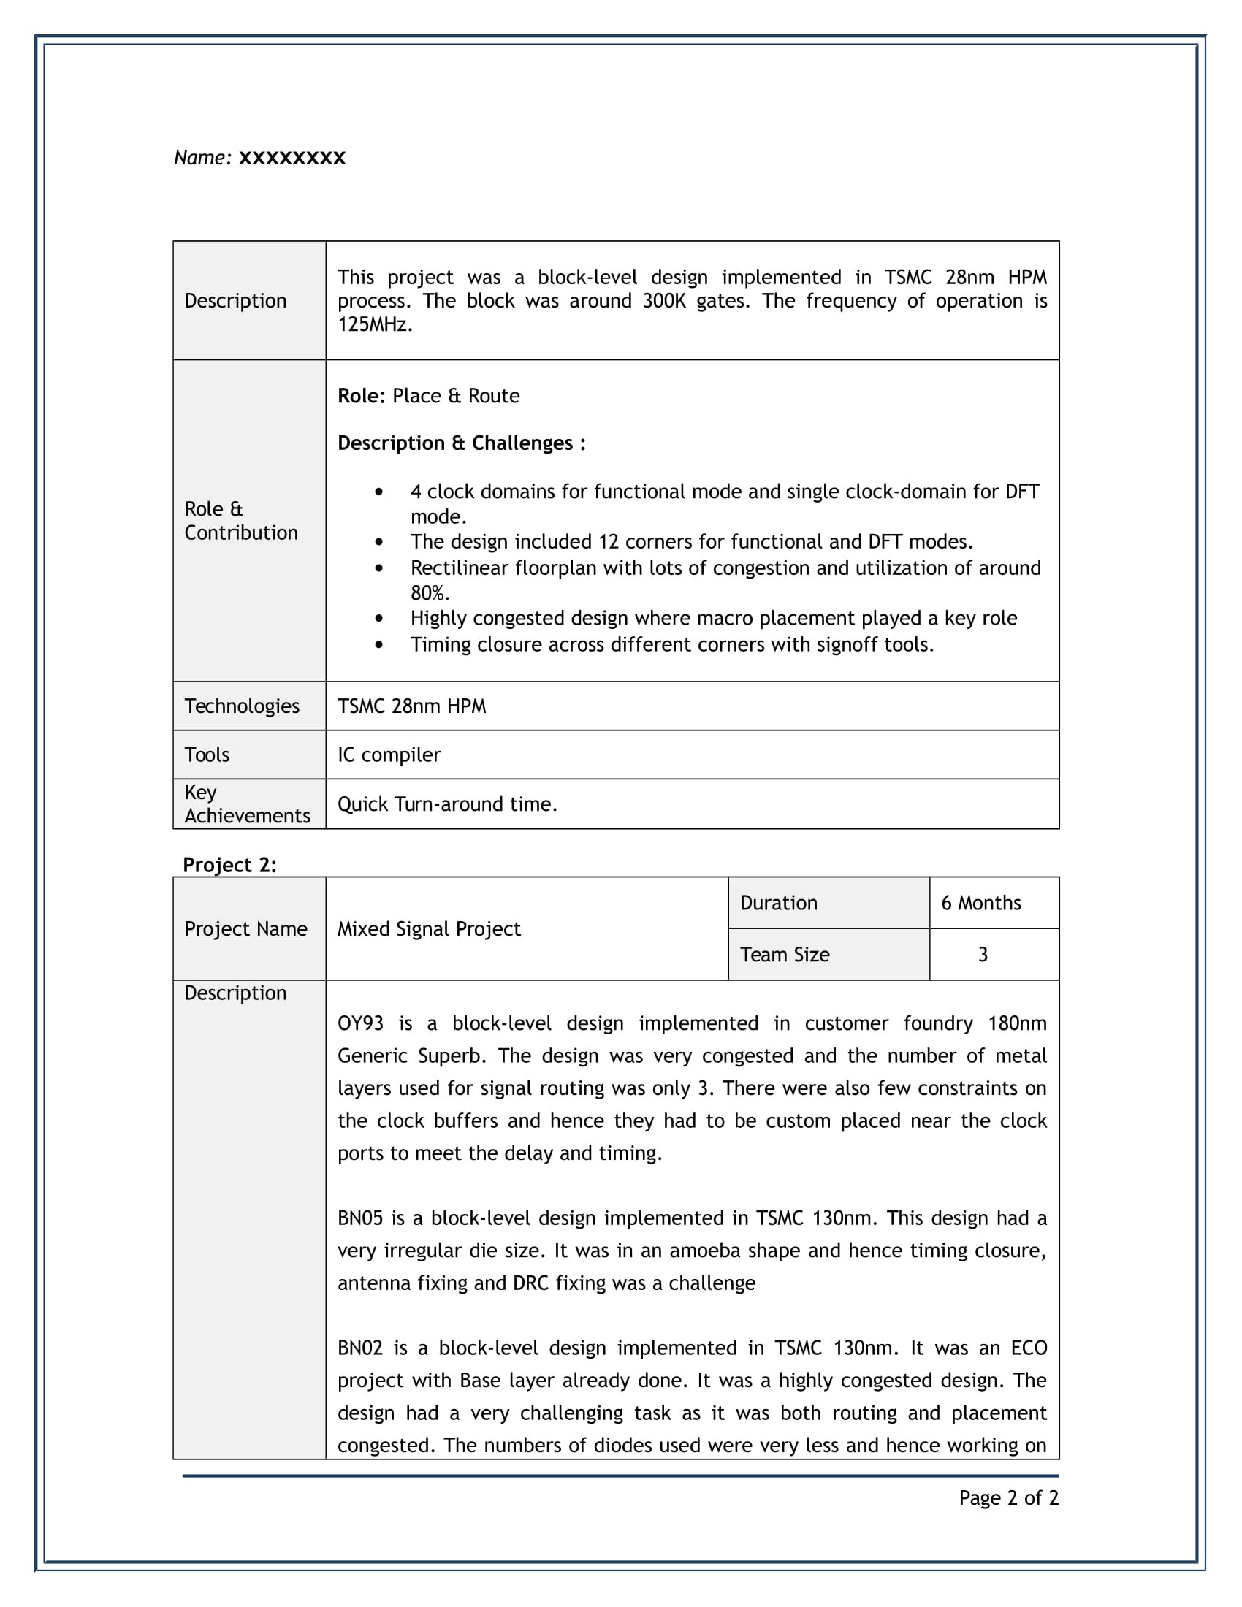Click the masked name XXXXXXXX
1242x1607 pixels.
coord(292,159)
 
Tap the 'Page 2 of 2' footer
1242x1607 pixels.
coord(1008,1497)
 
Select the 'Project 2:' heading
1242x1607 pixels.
coord(229,865)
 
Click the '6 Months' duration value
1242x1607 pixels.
coord(980,903)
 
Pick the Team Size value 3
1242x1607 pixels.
coord(982,955)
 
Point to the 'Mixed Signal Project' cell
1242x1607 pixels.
coord(429,928)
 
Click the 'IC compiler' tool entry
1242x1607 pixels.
coord(389,755)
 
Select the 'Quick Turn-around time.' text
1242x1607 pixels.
coord(447,804)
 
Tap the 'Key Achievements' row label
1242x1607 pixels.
coord(246,804)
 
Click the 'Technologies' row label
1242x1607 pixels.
coord(241,706)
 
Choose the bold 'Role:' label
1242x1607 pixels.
coord(361,396)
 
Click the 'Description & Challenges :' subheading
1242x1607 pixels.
coord(461,443)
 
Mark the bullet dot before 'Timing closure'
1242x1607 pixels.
coord(379,644)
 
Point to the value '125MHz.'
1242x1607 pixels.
coord(375,324)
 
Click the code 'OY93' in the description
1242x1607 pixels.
coord(360,1023)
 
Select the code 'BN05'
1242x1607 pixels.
coord(360,1218)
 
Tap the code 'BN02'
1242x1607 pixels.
coord(360,1347)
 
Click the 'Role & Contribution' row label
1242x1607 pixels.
coord(240,521)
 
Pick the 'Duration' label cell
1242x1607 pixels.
coord(779,903)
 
